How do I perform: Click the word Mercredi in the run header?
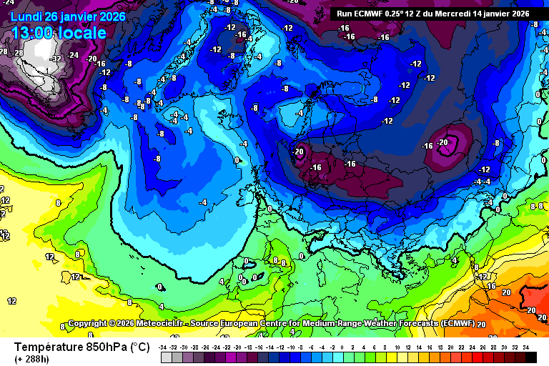pyautogui.click(x=450, y=14)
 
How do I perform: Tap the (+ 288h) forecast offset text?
pyautogui.click(x=33, y=359)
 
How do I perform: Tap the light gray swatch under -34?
pyautogui.click(x=164, y=357)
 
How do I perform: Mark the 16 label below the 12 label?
pyautogui.click(x=491, y=286)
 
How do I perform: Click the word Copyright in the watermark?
pyautogui.click(x=87, y=324)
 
